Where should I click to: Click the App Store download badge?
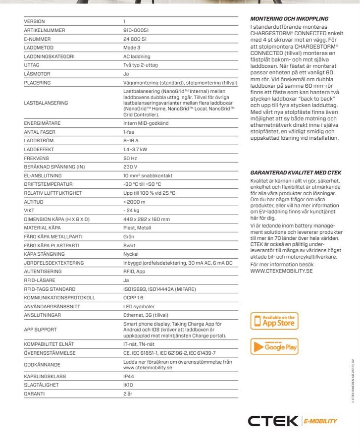(274, 321)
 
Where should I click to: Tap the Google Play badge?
(274, 346)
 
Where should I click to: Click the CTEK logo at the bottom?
(273, 421)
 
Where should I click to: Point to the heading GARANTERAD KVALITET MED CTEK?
(296, 172)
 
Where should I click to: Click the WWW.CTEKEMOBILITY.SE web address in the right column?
(281, 271)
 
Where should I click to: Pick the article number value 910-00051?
(136, 30)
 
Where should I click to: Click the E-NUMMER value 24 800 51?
(135, 39)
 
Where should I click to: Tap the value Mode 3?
(132, 48)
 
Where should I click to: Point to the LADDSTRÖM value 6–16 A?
(131, 141)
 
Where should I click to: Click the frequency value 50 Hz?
(130, 158)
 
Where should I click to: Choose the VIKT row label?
(30, 211)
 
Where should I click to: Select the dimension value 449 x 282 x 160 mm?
(147, 219)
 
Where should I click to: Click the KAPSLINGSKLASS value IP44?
(129, 376)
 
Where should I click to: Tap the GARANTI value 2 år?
(128, 393)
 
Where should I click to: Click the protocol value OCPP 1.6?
(133, 298)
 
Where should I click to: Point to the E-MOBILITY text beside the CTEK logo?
(320, 421)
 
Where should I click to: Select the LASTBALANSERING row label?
(46, 103)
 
